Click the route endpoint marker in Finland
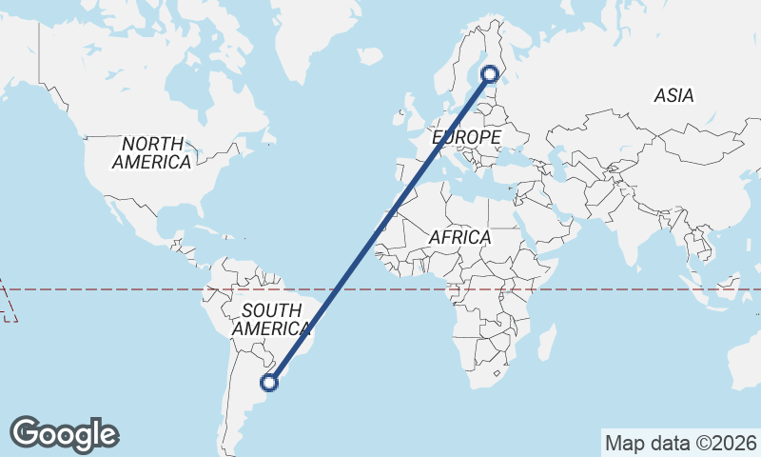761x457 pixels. (x=490, y=73)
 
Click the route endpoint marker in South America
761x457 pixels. (x=270, y=383)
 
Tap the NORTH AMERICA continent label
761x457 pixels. (x=151, y=152)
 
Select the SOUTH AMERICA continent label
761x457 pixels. (x=272, y=319)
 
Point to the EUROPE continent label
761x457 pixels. (x=466, y=138)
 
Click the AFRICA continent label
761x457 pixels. (x=459, y=237)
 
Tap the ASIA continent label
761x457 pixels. (x=673, y=95)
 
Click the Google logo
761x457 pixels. (x=64, y=434)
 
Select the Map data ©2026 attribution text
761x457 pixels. (x=681, y=443)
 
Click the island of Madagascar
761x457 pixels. (x=546, y=341)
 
